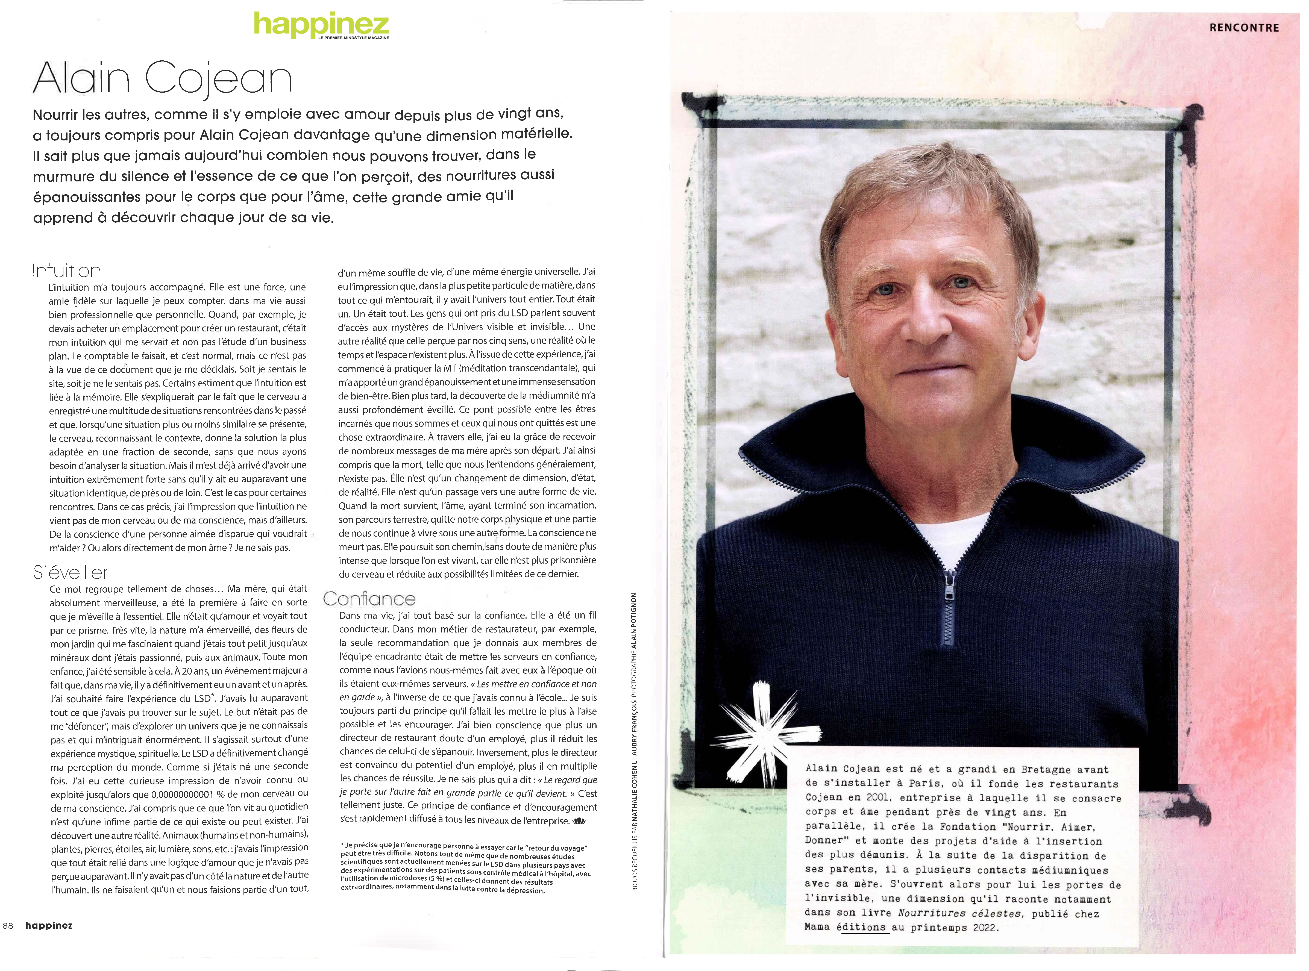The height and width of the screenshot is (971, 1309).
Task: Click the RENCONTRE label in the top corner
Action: [1244, 27]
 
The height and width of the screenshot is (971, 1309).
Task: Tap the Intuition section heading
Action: [66, 271]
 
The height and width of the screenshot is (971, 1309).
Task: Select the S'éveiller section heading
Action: [71, 573]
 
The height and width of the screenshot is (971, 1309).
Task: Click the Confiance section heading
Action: [369, 599]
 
